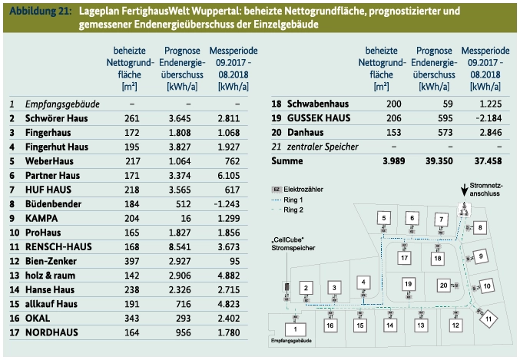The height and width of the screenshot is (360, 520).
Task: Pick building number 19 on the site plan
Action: click(x=408, y=285)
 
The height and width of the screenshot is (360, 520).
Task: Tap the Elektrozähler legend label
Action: click(x=303, y=188)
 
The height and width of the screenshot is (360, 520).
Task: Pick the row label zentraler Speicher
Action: click(x=323, y=146)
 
